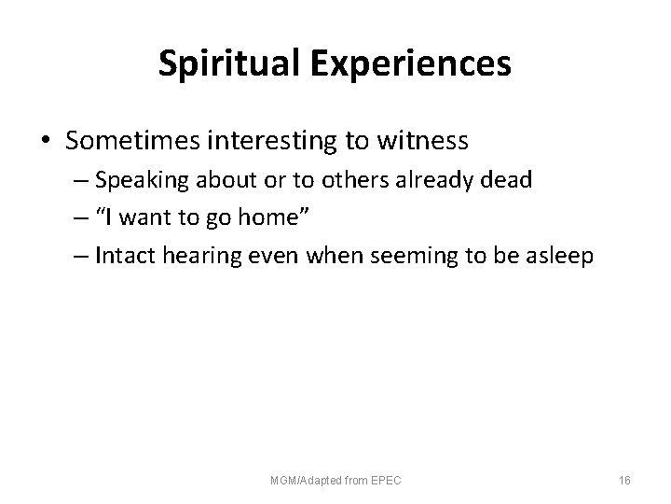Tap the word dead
pyautogui.click(x=509, y=180)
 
